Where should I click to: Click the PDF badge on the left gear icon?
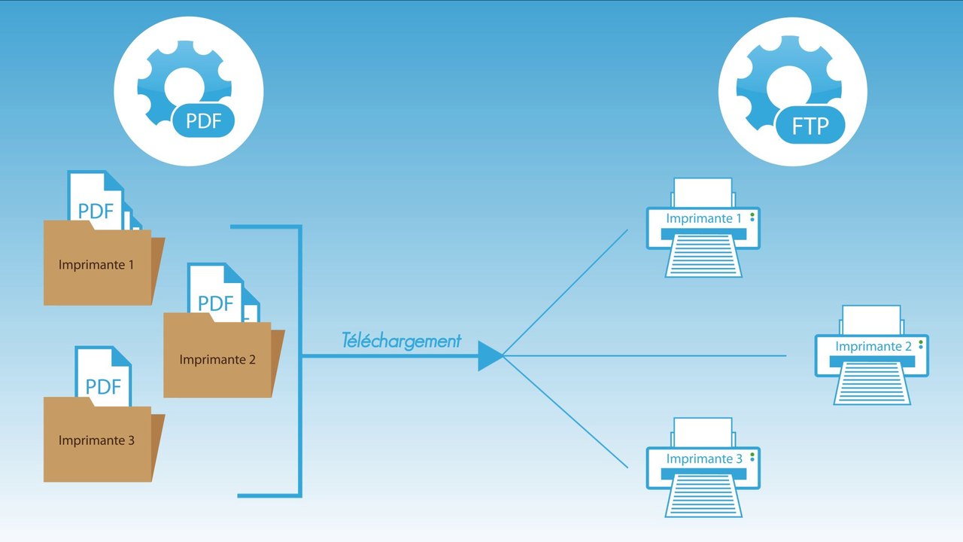pos(203,121)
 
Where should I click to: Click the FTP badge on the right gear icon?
pos(809,125)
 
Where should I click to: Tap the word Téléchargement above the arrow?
pos(401,340)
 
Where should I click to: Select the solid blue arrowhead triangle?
pos(489,356)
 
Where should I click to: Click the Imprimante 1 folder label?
pos(96,265)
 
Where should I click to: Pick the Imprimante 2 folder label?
pos(217,360)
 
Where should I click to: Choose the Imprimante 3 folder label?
pos(96,440)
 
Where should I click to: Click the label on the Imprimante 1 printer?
pos(703,218)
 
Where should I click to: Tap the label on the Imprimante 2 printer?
pos(873,346)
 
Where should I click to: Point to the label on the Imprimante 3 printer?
pos(703,458)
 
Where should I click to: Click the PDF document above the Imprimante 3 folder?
pos(103,380)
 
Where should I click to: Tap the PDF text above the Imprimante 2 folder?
pos(216,303)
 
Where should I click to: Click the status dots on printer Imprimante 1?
pos(752,217)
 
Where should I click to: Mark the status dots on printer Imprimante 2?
pos(920,345)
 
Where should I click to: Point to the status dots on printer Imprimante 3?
pos(752,457)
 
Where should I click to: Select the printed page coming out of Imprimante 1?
pos(703,256)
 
